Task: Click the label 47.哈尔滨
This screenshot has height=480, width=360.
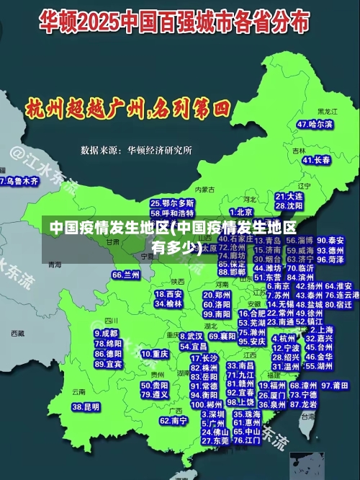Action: pos(315,125)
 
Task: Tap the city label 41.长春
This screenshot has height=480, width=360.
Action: pos(317,160)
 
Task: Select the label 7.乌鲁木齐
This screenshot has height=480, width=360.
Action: pos(19,182)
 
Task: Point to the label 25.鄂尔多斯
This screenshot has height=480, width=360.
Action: pos(172,204)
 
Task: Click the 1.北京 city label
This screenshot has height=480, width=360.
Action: pos(240,212)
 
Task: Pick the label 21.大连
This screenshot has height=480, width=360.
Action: pos(289,196)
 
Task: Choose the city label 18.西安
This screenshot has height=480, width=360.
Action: pos(168,294)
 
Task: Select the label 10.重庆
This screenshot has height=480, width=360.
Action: pos(155,355)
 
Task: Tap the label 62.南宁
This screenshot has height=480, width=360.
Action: pos(174,420)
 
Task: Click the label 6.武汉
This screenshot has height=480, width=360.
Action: pos(191,337)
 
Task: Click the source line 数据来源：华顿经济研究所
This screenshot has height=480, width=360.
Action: pos(136,151)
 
